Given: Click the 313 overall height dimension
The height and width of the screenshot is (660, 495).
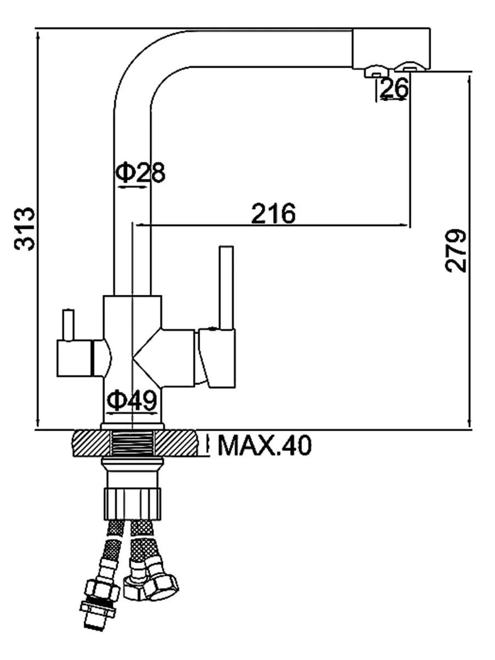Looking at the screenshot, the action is [x=25, y=229].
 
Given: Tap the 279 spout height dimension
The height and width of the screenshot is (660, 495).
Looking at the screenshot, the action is [x=455, y=251].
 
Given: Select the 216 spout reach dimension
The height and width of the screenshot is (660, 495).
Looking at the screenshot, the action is [x=273, y=213].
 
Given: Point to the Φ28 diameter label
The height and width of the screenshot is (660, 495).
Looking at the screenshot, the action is [x=141, y=173].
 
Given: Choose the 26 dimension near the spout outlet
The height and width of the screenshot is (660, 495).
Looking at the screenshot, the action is [x=394, y=88].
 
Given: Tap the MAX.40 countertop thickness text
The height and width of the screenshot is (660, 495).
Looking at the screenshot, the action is [x=265, y=445].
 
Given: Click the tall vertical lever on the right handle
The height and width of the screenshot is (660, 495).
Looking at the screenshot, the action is [x=226, y=288].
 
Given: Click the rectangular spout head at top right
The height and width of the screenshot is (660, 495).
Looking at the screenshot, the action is [x=392, y=48].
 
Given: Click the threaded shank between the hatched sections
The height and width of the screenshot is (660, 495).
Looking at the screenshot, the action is [x=133, y=443].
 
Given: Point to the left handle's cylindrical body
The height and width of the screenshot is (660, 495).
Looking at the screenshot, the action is [x=75, y=358].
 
